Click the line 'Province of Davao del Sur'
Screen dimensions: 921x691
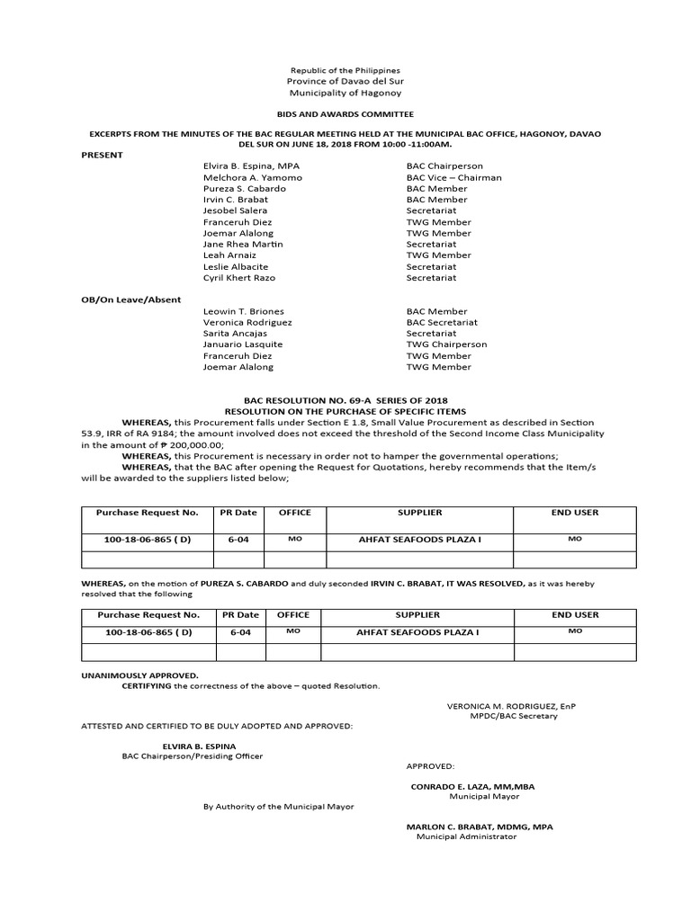(345, 81)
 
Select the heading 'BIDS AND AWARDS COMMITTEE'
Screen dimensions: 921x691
(345, 114)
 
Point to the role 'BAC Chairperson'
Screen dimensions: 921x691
(444, 166)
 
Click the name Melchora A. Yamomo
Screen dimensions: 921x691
(253, 177)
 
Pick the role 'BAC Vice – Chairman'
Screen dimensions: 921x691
(453, 177)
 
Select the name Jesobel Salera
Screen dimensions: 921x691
(235, 210)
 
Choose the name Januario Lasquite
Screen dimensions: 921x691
(243, 344)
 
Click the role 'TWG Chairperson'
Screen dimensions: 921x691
(446, 344)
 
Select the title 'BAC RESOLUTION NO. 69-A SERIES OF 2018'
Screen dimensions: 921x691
(345, 400)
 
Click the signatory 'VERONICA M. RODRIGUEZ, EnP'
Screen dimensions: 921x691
(511, 706)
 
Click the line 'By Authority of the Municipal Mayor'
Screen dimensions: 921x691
(279, 807)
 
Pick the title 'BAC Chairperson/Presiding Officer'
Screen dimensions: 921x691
(193, 756)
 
